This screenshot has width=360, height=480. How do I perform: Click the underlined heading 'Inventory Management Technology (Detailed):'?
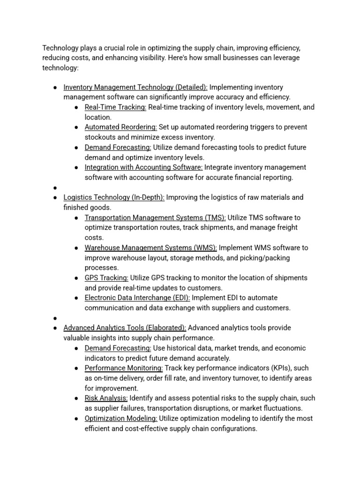coord(135,87)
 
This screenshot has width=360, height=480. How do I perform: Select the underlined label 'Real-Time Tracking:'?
coord(115,107)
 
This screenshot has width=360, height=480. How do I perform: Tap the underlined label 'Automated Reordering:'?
coord(120,127)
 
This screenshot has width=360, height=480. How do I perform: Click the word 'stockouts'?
coord(100,137)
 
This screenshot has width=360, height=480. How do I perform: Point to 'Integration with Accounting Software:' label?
coord(143,167)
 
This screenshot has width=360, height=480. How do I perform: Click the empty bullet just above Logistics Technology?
coord(55,187)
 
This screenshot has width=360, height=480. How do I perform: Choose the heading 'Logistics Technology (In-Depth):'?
coord(114,197)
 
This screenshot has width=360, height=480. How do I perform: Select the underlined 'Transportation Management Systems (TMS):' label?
coord(155,217)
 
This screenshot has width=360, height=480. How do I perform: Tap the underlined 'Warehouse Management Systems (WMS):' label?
coord(150,247)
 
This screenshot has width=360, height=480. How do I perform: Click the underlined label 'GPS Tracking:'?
coord(106,278)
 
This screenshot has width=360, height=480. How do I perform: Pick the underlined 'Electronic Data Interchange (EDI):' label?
coord(137,298)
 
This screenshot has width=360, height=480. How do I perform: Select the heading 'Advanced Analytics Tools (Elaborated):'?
coord(125,328)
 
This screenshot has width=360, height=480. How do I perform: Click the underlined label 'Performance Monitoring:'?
coord(124,368)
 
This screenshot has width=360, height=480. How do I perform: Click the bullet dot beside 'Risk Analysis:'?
coord(76,398)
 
